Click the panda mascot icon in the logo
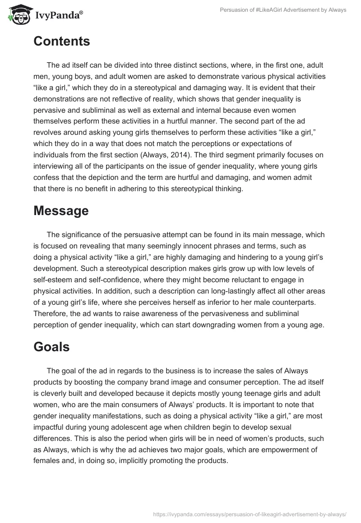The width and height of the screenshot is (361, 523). click(x=17, y=14)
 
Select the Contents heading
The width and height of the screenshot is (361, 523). click(x=62, y=41)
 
